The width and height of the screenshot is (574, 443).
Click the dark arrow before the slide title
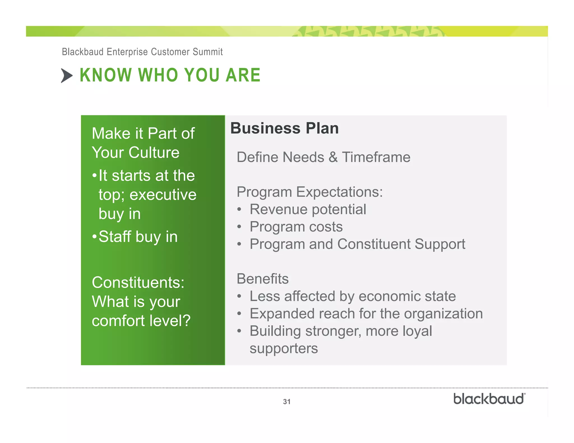(66, 76)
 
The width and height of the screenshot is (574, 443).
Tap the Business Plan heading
(284, 128)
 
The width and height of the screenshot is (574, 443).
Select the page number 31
(286, 402)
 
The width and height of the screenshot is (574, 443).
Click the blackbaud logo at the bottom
(489, 399)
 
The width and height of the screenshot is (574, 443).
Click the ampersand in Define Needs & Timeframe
(333, 157)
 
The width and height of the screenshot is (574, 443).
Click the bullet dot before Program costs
(239, 227)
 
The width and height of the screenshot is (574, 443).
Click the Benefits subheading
(262, 279)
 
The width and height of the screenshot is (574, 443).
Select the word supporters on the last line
(284, 348)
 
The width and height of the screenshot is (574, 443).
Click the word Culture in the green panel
(154, 153)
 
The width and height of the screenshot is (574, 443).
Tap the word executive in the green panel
(163, 195)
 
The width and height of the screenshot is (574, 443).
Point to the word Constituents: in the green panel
(138, 282)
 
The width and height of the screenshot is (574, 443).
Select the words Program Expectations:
(309, 192)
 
